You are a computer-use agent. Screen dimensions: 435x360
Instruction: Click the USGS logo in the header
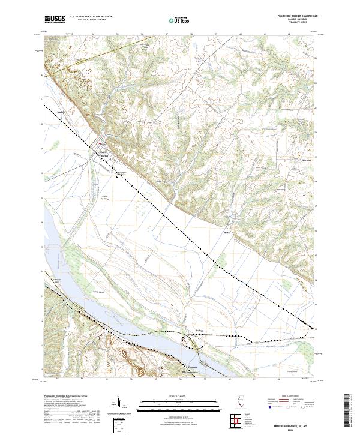pos(55,19)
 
